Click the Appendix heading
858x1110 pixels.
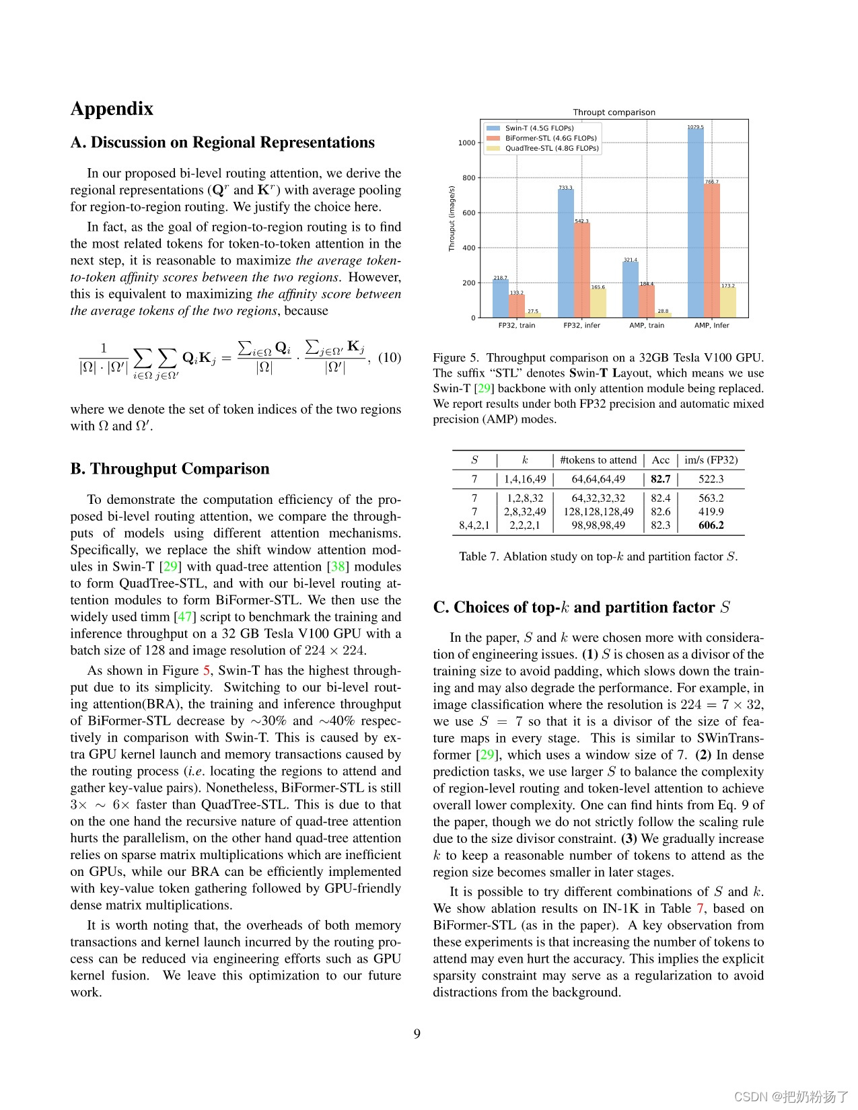tap(112, 109)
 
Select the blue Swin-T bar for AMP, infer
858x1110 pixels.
tap(695, 222)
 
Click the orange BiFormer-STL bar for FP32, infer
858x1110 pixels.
tap(582, 270)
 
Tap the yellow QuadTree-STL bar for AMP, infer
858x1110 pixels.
tap(728, 303)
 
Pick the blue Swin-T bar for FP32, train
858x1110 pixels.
tap(501, 299)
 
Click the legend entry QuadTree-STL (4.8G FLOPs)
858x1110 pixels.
tap(551, 148)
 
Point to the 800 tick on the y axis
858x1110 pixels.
tap(468, 178)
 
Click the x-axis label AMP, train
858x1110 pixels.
tap(646, 326)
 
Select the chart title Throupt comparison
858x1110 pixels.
tap(614, 112)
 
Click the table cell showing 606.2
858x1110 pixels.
tap(711, 525)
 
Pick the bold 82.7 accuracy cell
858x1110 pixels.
tap(660, 479)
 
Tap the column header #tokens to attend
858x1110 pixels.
tap(598, 460)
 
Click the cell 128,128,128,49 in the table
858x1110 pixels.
tap(598, 512)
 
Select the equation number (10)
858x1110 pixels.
tap(389, 358)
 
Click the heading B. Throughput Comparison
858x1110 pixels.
tap(170, 469)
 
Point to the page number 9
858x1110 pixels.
tap(417, 1034)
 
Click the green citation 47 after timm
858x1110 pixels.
tap(184, 617)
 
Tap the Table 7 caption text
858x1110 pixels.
tap(598, 556)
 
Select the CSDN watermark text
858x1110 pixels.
tap(791, 1097)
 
